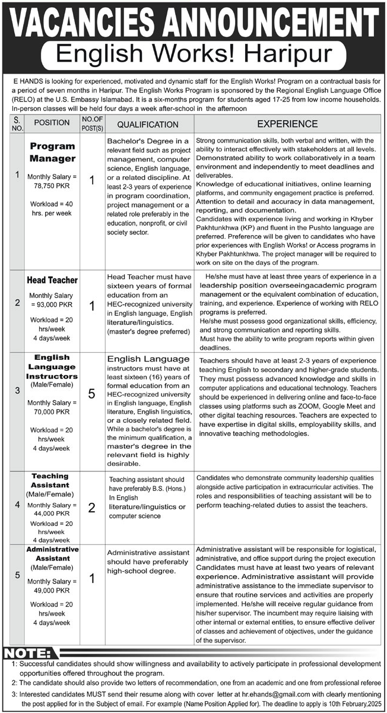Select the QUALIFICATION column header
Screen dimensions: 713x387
click(x=147, y=125)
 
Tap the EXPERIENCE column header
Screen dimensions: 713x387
click(x=287, y=124)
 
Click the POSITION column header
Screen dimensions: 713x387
click(x=52, y=124)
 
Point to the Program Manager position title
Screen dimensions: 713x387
click(x=53, y=153)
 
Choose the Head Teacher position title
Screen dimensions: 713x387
click(x=52, y=280)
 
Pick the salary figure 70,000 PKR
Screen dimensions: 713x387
click(x=53, y=411)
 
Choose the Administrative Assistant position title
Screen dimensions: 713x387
click(x=53, y=554)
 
